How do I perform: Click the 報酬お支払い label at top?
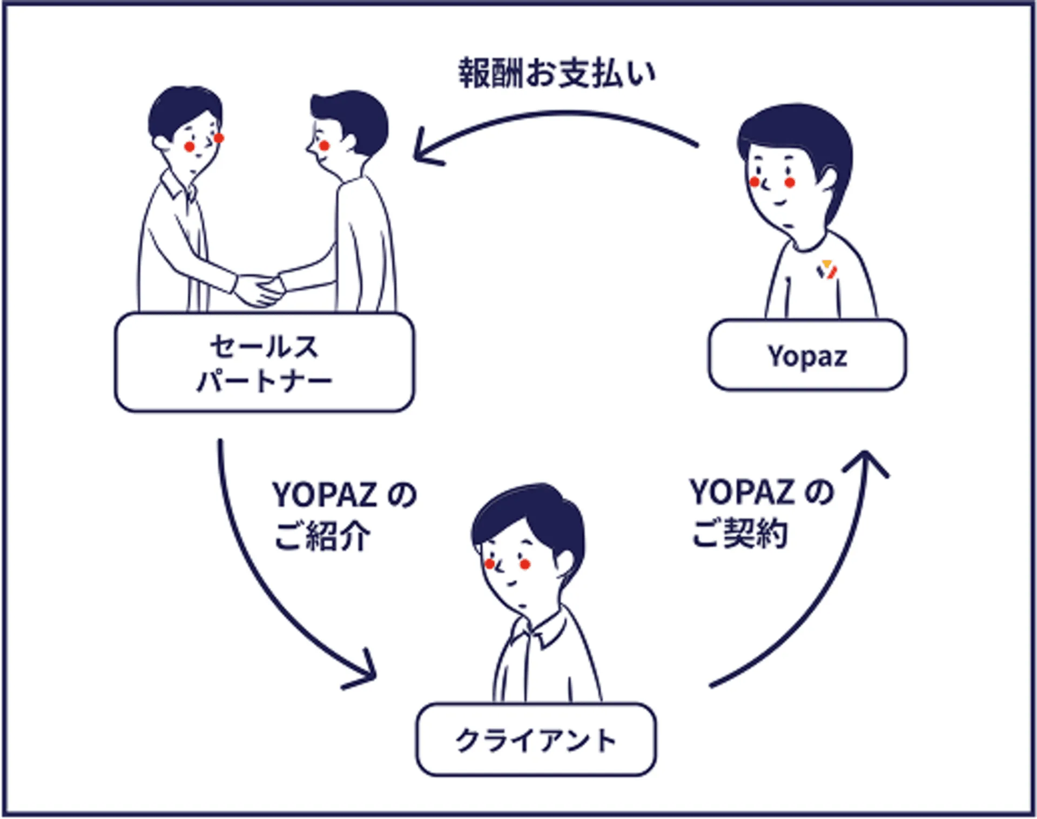click(557, 73)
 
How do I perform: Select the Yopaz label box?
click(807, 355)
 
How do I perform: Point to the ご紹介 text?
click(322, 536)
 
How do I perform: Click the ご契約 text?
click(739, 534)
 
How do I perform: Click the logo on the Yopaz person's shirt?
click(826, 269)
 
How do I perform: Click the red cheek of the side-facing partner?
click(324, 145)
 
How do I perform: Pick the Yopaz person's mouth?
click(779, 203)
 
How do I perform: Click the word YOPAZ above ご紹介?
click(324, 494)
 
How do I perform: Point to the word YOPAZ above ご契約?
click(741, 492)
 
